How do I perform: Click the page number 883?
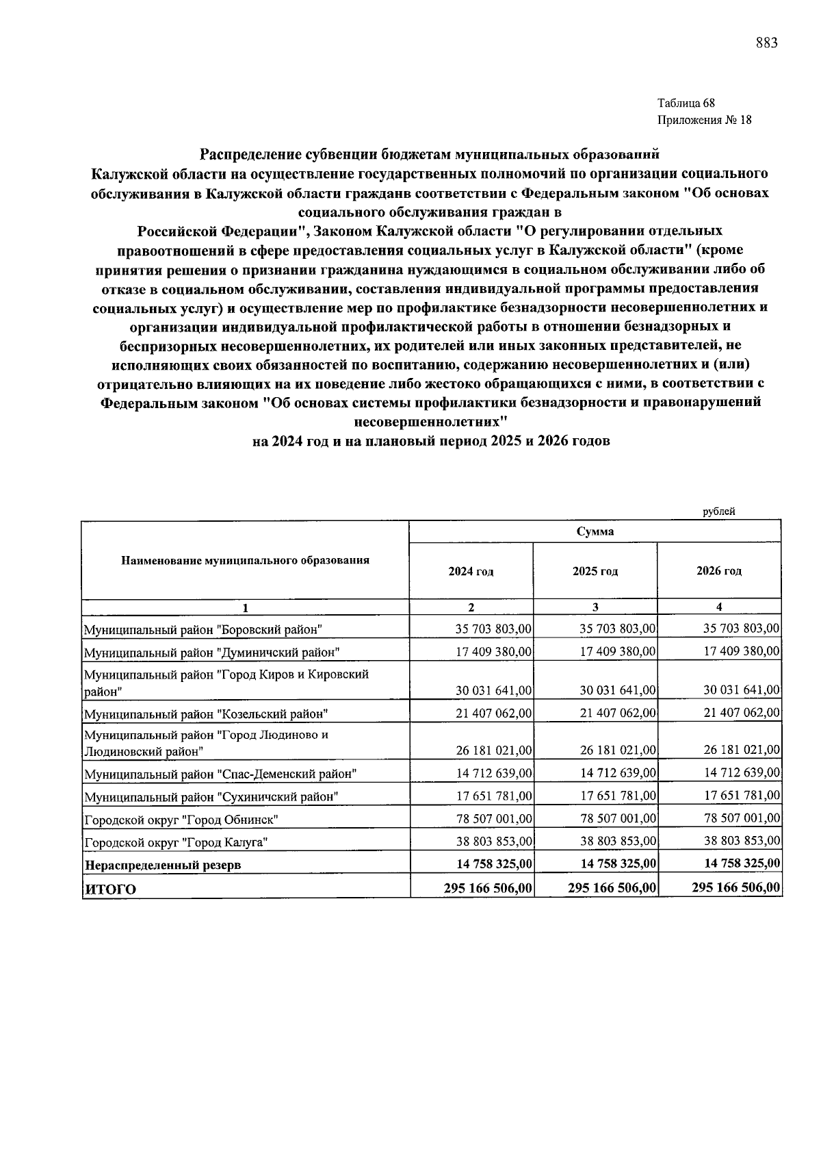coord(766,43)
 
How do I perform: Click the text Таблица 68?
coord(686,103)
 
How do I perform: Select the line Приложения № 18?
coord(704,121)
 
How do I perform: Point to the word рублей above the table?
coord(719,511)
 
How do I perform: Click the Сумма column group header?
coord(595,531)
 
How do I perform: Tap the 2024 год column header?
coord(471,571)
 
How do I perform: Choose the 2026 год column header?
coord(718,571)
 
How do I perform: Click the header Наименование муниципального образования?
coord(245,560)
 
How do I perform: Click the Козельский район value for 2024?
coord(494,713)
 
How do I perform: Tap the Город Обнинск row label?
coord(181,819)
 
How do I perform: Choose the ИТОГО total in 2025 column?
coord(612,888)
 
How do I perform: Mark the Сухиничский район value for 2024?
coord(494,796)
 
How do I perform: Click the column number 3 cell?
coord(595,607)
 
